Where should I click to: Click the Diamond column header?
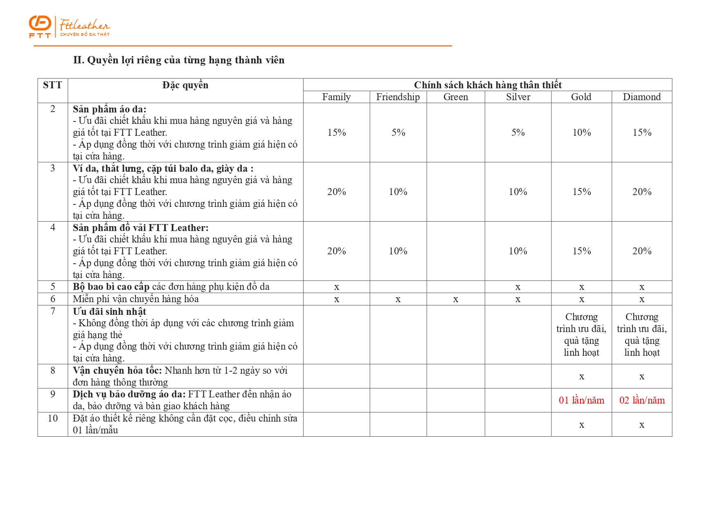click(641, 97)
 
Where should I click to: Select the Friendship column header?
click(398, 97)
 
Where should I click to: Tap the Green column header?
click(455, 97)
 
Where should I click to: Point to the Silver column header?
click(518, 97)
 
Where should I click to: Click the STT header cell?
click(52, 85)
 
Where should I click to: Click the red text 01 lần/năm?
click(581, 400)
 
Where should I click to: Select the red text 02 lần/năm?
click(641, 400)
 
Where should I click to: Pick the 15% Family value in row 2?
click(336, 132)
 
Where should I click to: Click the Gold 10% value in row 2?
click(581, 132)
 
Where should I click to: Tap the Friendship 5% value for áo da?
click(398, 132)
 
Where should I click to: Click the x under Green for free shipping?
click(455, 299)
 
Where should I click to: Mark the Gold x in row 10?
click(581, 425)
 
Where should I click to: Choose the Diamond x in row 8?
click(641, 377)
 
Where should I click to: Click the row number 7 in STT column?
click(52, 311)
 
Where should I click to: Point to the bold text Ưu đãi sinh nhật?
click(109, 312)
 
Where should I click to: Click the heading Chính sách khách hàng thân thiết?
click(487, 85)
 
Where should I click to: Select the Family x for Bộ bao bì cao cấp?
click(336, 287)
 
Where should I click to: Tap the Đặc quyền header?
click(185, 85)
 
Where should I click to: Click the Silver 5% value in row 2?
click(518, 132)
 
